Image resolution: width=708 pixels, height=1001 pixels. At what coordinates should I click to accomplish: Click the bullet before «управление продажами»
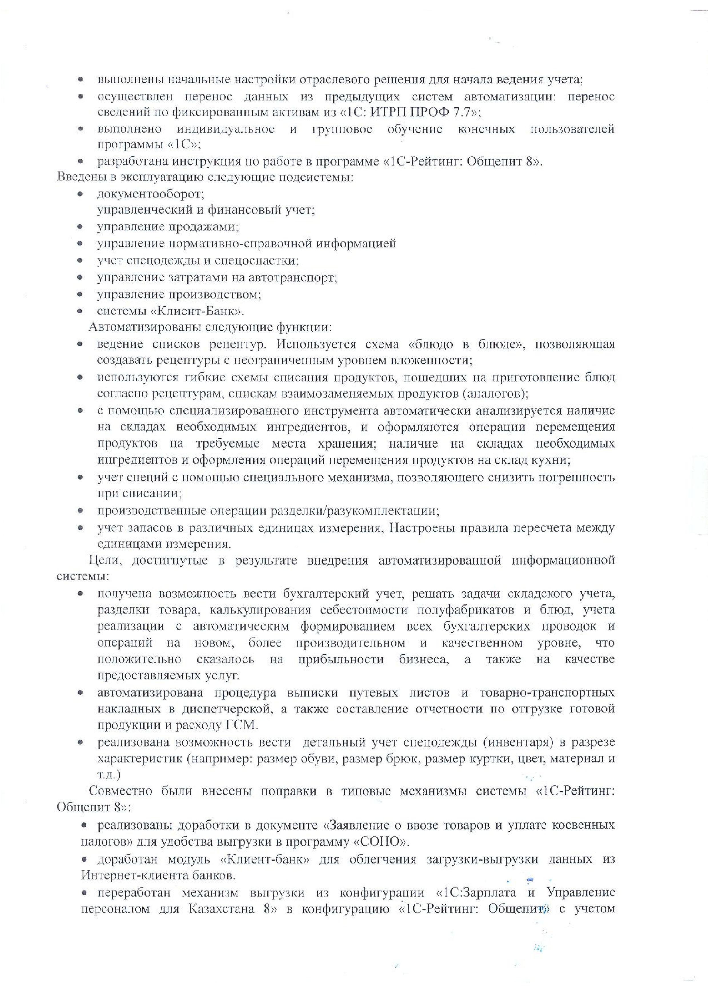tap(80, 227)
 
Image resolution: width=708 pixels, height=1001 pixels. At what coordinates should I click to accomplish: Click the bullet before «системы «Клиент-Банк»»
tap(80, 312)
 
